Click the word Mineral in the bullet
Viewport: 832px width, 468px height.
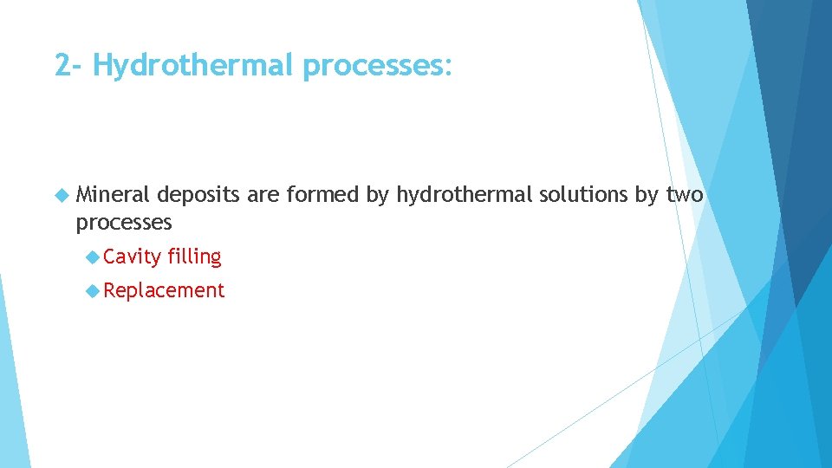113,196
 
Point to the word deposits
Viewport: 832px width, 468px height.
198,196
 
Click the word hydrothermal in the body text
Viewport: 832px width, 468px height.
464,196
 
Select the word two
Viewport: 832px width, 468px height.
685,196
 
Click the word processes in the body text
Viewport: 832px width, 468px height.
124,223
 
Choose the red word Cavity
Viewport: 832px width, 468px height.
133,257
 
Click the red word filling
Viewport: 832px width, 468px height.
195,257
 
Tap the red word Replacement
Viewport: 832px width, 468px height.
164,290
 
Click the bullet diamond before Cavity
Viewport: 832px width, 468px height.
93,257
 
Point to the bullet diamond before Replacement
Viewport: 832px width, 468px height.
93,290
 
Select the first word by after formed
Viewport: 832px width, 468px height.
377,196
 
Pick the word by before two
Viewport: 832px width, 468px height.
647,196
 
